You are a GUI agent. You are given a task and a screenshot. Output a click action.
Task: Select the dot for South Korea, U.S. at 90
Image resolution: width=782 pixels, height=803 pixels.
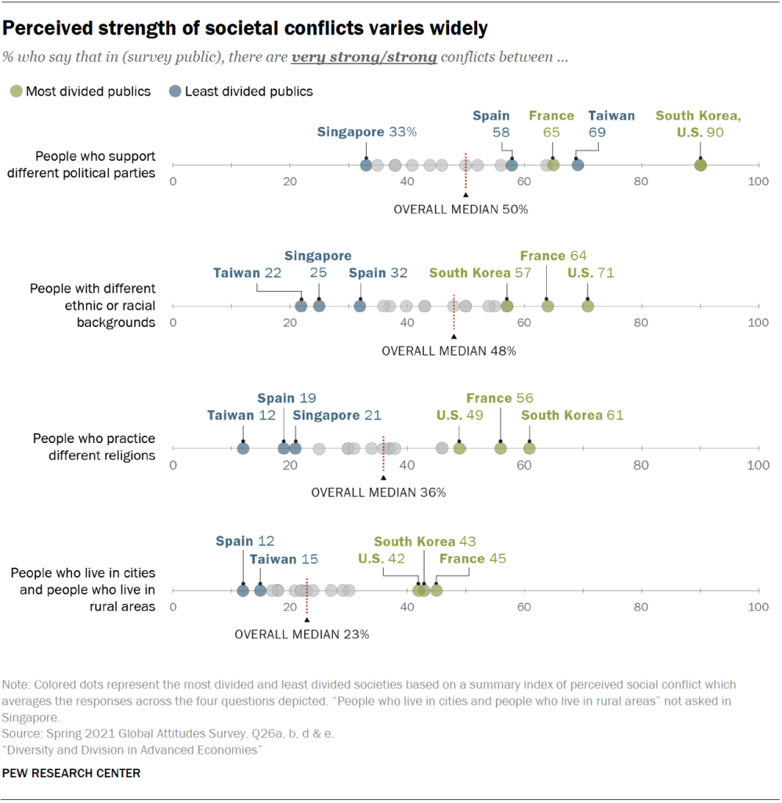coord(701,165)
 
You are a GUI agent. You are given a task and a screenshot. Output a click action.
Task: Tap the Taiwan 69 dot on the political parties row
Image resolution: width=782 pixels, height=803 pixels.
coord(577,165)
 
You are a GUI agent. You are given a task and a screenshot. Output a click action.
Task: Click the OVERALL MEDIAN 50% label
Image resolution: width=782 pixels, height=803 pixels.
coord(461,209)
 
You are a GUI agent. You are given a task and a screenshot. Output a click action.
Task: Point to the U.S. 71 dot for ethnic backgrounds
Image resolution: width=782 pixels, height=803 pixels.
coord(588,306)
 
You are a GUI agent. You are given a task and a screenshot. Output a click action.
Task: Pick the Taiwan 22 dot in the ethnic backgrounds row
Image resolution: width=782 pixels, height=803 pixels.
coord(301,306)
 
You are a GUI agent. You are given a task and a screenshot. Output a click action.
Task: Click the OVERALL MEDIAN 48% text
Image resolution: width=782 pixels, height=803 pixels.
coord(448,351)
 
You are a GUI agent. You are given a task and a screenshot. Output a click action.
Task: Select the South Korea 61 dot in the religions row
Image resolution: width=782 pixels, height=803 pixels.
coord(530,449)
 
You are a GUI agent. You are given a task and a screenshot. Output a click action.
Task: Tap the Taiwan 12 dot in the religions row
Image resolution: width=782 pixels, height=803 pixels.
coord(243,449)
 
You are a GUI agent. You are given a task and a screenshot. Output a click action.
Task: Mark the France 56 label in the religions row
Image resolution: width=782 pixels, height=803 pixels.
coord(500,398)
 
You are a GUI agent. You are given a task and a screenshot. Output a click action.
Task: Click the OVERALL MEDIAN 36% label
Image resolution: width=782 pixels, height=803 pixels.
coord(378,492)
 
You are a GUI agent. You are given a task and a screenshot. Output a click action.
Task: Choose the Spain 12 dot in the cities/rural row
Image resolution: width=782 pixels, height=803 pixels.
coord(243,590)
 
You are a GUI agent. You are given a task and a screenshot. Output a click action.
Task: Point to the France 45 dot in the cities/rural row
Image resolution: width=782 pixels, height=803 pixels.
coord(436,590)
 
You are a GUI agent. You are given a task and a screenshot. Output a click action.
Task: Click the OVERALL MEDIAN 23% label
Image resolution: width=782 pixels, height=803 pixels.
coord(302,634)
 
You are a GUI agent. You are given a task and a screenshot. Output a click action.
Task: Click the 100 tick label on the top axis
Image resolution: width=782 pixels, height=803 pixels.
coord(758,181)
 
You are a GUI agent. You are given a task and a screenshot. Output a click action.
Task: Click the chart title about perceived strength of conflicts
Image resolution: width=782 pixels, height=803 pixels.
coord(244,29)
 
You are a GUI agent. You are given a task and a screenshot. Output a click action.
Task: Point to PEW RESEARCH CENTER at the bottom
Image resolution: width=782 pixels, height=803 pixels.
coord(71,773)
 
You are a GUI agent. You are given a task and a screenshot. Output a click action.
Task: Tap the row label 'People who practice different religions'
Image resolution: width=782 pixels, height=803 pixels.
coord(93,447)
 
